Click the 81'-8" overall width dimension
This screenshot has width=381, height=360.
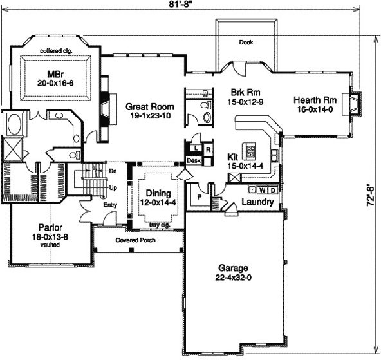[x=179, y=4]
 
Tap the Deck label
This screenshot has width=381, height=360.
[x=246, y=43]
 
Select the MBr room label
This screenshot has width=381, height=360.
[x=55, y=74]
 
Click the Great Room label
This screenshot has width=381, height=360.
[x=150, y=107]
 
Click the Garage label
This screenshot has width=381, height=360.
[x=233, y=268]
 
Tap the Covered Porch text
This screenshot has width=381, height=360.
[x=135, y=240]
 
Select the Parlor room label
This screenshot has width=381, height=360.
[x=50, y=228]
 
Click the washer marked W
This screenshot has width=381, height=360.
[x=262, y=190]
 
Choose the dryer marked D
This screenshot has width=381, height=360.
[x=273, y=190]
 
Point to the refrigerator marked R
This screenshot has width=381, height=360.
[x=209, y=150]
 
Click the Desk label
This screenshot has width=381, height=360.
[x=194, y=160]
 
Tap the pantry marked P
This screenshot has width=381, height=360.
[x=200, y=197]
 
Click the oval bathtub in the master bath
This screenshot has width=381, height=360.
[x=14, y=124]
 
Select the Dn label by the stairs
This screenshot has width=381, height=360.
[x=113, y=171]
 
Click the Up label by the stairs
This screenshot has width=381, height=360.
[x=113, y=188]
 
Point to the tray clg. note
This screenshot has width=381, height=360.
[x=160, y=225]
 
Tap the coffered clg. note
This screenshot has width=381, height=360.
[x=56, y=51]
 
